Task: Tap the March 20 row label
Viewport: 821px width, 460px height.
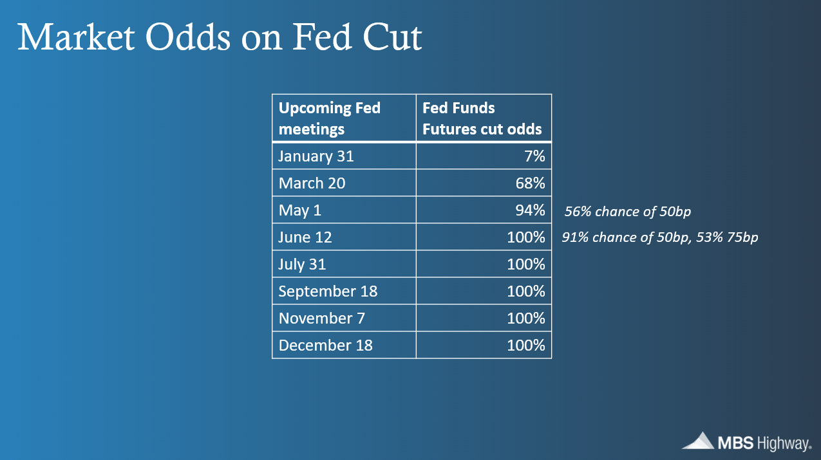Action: pyautogui.click(x=312, y=183)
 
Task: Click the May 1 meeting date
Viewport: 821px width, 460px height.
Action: pyautogui.click(x=300, y=210)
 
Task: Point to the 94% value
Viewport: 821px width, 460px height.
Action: pyautogui.click(x=530, y=210)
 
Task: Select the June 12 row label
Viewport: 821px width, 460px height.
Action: pyautogui.click(x=305, y=237)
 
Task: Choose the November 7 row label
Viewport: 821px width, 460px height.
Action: pyautogui.click(x=322, y=318)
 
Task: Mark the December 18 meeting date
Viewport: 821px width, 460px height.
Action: pyautogui.click(x=325, y=345)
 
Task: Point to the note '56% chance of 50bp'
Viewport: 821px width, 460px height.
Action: pyautogui.click(x=627, y=211)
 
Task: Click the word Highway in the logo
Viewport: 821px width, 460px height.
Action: pyautogui.click(x=784, y=444)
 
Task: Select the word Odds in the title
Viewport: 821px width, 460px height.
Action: pyautogui.click(x=188, y=37)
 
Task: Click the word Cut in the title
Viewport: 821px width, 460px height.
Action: pyautogui.click(x=392, y=37)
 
